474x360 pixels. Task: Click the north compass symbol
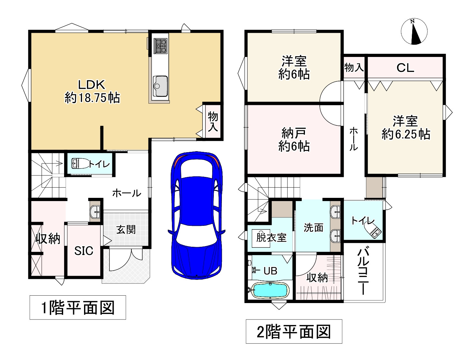(414, 32)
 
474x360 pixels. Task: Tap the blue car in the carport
(196, 215)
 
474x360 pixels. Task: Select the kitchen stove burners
(160, 46)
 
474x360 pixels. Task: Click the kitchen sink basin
(160, 86)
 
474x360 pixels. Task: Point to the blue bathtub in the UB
(270, 290)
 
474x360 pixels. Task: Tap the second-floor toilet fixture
(373, 230)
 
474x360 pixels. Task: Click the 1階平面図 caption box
(78, 307)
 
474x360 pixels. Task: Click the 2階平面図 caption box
(294, 331)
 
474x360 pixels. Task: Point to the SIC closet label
(84, 251)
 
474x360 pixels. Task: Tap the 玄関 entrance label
(126, 229)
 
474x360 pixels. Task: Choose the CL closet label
(405, 68)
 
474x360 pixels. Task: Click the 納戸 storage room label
(294, 133)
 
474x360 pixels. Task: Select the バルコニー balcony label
(363, 271)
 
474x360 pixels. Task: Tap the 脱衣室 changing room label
(271, 237)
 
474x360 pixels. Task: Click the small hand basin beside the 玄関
(95, 212)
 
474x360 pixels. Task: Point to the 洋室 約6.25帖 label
(405, 127)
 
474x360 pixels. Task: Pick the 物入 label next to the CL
(354, 68)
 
